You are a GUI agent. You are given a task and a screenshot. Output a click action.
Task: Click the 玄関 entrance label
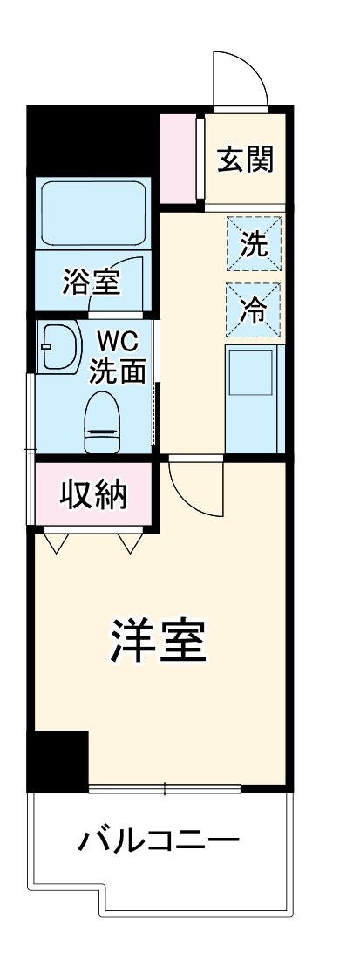tap(245, 160)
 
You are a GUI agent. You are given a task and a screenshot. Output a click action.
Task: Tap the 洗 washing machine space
tap(255, 245)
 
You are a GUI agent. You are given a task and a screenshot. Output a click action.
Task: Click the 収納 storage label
tap(93, 494)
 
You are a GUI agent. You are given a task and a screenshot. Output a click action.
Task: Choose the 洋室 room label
tap(157, 643)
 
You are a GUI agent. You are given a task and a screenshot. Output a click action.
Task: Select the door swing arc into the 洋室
tap(194, 488)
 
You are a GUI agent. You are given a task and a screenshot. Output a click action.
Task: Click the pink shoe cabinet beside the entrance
tap(180, 157)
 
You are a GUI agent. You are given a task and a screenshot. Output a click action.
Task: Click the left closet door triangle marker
tap(58, 542)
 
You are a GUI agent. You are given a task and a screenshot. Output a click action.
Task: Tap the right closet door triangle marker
tap(129, 542)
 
